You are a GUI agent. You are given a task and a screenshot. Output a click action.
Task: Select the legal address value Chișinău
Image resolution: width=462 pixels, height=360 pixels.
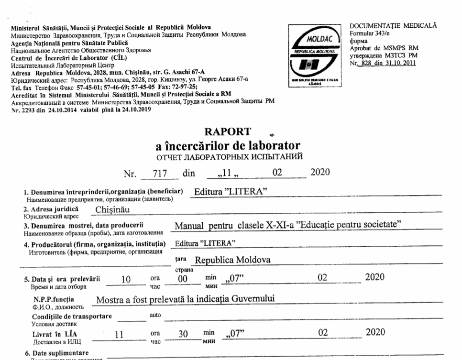tap(114, 209)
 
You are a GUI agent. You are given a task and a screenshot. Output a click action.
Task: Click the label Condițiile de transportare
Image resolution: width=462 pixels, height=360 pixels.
tap(72, 316)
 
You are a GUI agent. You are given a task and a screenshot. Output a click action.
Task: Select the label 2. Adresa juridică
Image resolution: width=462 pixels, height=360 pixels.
tap(52, 208)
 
